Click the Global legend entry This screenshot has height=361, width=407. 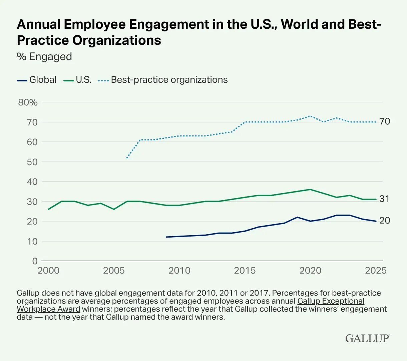coord(37,80)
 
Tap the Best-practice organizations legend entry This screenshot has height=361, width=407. coord(163,80)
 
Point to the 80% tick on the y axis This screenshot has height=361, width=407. coord(28,102)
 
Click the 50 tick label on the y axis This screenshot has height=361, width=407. coord(32,162)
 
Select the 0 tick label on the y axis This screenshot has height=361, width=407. coord(35,261)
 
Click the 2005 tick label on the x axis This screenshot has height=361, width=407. coord(114,271)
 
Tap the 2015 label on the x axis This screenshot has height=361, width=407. coord(245,271)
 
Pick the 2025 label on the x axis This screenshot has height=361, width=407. coord(376,271)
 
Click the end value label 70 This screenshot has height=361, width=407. coord(385,122)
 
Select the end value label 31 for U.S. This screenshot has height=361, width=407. coord(384,199)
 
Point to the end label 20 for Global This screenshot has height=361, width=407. coord(385,221)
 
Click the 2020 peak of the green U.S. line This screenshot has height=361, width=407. coord(310,190)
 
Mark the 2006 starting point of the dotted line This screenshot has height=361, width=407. coord(127,158)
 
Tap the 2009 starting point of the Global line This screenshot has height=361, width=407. coord(166,237)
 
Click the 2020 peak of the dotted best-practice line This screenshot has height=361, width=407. coord(310,116)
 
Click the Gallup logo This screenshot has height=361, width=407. coord(367,338)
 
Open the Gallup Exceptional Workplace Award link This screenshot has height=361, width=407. coord(330,301)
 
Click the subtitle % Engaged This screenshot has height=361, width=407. coord(44,57)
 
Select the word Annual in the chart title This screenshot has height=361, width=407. coord(38,25)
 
